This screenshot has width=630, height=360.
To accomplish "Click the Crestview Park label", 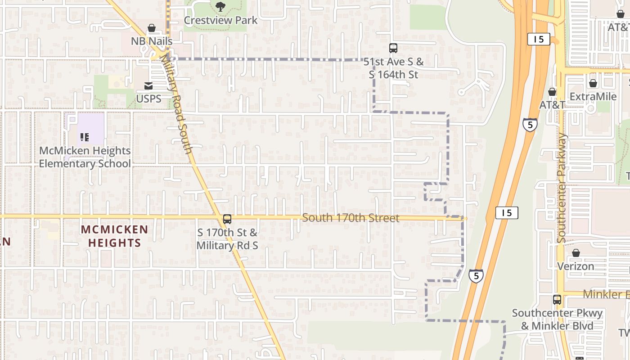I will (220, 20).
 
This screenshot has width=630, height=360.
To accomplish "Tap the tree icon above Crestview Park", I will (220, 6).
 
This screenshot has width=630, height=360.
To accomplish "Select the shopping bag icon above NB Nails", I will (152, 28).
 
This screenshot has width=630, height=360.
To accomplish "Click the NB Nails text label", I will (152, 41).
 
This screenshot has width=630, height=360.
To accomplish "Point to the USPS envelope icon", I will (148, 85).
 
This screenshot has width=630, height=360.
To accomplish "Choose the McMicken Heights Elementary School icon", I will (84, 137).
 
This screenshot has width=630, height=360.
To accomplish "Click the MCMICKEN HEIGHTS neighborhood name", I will (114, 236).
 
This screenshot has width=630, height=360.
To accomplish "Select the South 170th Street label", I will (351, 218).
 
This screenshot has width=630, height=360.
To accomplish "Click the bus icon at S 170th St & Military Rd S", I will (227, 219).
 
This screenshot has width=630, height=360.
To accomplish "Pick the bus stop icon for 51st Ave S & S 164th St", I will (393, 48).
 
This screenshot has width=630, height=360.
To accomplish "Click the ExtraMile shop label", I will (593, 97).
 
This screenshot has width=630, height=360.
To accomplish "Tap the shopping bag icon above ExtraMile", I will (593, 83).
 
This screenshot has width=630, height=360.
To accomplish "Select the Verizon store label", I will (576, 266).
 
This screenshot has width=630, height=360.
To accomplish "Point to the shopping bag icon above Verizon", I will (576, 253).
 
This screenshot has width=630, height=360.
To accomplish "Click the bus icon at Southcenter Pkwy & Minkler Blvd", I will (557, 299).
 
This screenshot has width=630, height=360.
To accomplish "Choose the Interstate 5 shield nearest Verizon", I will (476, 275).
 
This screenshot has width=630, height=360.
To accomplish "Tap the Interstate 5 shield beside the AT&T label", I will (530, 124).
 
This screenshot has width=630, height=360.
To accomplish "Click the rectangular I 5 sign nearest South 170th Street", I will (507, 213).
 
